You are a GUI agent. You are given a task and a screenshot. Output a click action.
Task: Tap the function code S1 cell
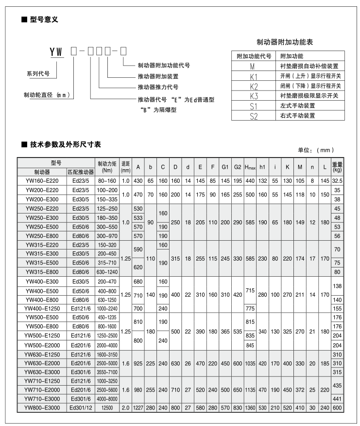252,106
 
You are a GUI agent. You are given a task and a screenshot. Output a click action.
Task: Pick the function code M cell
252,66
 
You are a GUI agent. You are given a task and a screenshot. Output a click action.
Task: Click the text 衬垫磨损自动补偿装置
309,66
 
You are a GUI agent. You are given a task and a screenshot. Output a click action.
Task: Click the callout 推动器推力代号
158,88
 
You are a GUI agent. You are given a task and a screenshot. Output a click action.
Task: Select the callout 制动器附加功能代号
164,65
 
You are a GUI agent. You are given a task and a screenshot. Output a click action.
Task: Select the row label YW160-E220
41,180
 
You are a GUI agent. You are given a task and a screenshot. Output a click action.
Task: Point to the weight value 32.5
337,180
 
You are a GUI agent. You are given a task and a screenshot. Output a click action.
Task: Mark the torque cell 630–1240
107,271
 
